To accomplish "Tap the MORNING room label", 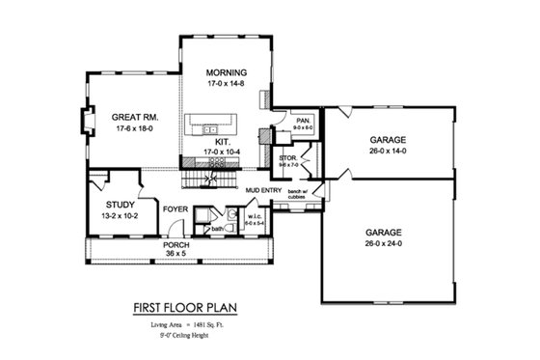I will point(226,73).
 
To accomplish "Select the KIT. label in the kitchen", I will point(221,141).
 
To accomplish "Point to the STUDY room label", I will point(120,205).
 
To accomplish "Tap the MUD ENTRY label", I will point(262,190).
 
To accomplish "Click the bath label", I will point(218,229).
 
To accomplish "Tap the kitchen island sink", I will point(207,124).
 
